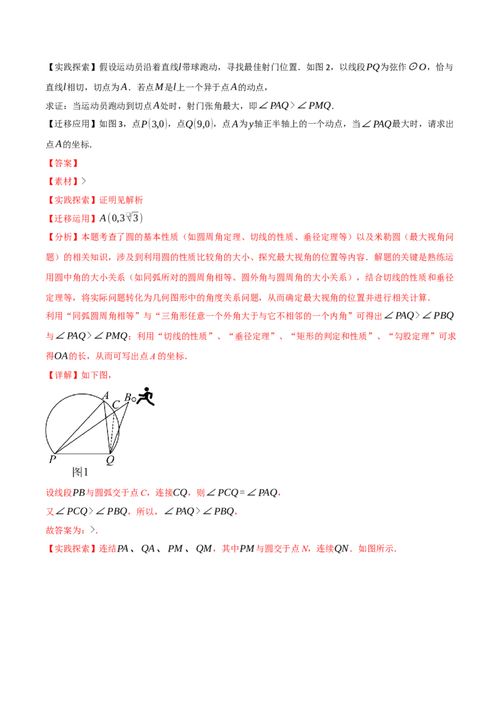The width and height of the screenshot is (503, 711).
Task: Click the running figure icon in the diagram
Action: pos(146,396)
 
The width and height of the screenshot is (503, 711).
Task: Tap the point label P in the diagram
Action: pos(52,459)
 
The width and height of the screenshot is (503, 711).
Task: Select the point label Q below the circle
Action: pos(110,460)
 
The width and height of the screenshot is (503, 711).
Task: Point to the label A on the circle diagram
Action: pos(106,396)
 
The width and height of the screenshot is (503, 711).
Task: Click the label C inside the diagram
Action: pos(116,404)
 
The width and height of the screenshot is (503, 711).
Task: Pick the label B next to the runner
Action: pos(128,398)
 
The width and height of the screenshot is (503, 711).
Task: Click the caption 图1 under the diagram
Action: pos(80,472)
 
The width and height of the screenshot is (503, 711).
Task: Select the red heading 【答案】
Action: pos(63,163)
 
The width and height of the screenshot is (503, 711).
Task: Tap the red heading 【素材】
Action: pos(63,182)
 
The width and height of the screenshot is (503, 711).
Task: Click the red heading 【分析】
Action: pos(63,237)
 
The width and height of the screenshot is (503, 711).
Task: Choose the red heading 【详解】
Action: pos(63,375)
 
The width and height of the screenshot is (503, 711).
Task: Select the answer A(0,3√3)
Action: pos(121,218)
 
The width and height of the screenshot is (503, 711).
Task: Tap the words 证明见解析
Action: pos(121,200)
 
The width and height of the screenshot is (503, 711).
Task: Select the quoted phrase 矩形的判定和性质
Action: pos(331,337)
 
